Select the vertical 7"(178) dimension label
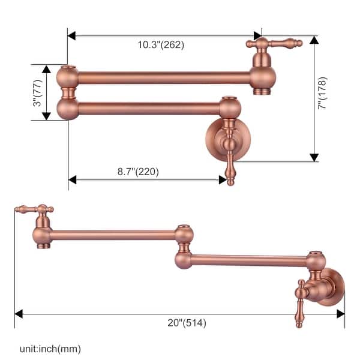click(322, 94)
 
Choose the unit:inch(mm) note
click(49, 349)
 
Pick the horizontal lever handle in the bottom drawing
click(34, 210)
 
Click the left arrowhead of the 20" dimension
click(19, 314)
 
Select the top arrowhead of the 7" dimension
click(314, 40)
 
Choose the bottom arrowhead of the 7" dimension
click(314, 157)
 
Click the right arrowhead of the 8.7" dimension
click(223, 179)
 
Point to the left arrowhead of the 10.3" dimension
click(71, 36)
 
